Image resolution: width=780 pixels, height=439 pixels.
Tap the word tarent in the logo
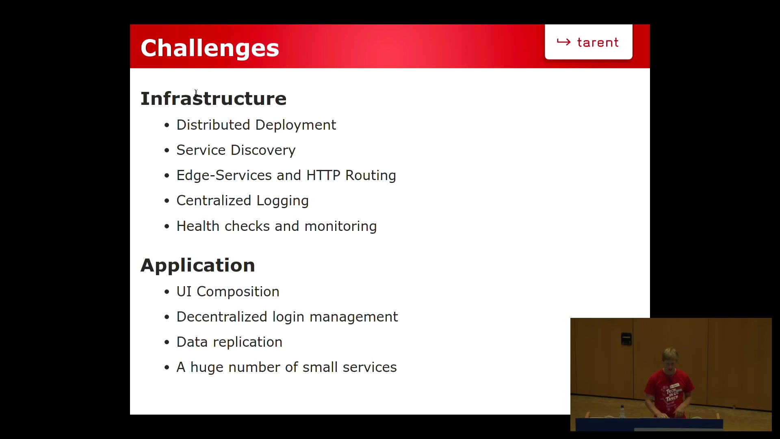point(598,43)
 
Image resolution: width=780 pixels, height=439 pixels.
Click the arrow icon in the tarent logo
point(563,42)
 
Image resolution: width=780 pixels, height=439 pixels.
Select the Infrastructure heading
point(213,99)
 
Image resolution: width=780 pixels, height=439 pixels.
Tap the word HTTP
point(323,175)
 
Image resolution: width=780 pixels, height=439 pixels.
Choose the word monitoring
point(340,226)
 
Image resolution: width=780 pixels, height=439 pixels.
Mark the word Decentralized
point(222,317)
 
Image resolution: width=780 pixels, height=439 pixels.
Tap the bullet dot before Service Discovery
point(167,151)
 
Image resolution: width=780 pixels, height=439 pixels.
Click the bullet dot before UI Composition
point(167,292)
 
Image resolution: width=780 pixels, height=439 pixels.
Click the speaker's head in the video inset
point(670,358)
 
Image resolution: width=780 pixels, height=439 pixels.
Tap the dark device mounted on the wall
point(626,339)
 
